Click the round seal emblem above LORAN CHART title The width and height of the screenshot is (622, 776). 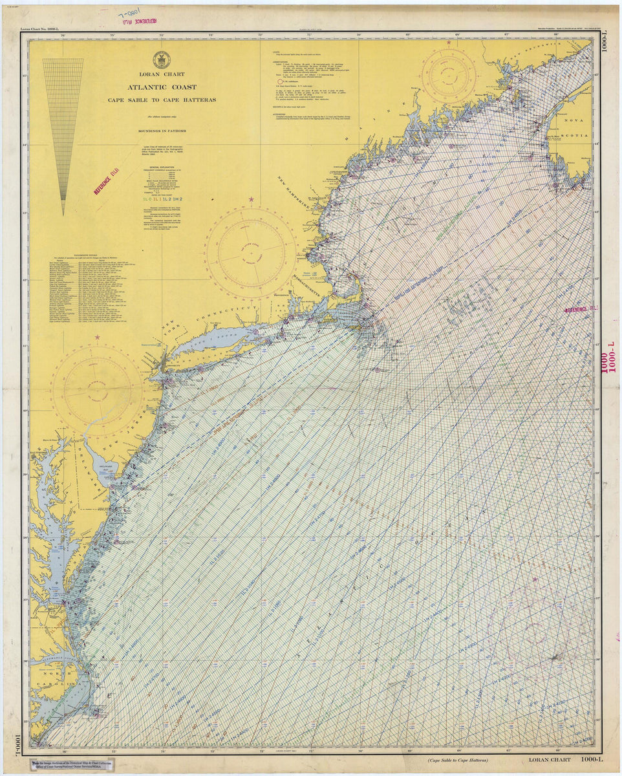[161, 59]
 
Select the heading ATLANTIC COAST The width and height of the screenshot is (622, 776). [162, 87]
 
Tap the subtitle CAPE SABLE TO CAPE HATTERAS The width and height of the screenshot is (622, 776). [162, 100]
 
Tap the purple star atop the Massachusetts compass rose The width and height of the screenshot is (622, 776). [251, 199]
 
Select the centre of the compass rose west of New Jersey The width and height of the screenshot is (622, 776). [97, 391]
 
